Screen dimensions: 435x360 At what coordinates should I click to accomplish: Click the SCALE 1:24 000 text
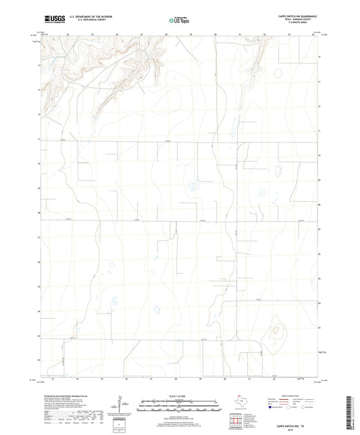coord(180,396)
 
